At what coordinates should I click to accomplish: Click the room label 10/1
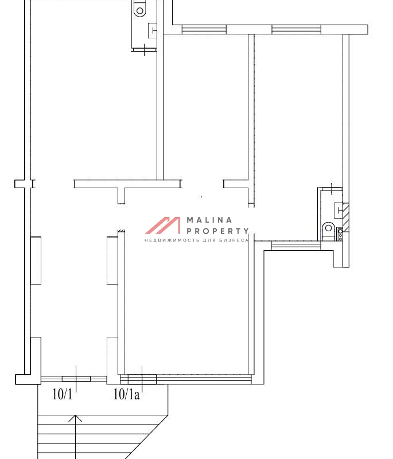click(63, 394)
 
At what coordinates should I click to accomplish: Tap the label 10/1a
click(126, 394)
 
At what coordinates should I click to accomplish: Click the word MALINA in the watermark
click(209, 220)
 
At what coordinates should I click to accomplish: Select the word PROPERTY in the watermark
click(217, 231)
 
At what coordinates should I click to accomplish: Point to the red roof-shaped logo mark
click(163, 225)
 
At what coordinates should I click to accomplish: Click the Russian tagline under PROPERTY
click(197, 240)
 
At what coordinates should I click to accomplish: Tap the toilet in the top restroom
click(140, 9)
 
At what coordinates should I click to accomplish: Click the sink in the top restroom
click(153, 30)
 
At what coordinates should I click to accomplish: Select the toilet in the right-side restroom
click(328, 228)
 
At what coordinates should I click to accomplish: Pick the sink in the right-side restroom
click(338, 209)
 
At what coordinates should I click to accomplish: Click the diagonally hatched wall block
click(346, 217)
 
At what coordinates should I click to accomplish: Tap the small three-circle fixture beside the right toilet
click(340, 235)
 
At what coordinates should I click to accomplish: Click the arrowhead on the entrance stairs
click(76, 418)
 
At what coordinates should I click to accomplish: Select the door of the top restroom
click(144, 50)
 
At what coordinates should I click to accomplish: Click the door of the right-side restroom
click(331, 189)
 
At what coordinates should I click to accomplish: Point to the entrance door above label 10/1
click(76, 379)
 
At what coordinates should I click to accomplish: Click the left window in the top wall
click(204, 29)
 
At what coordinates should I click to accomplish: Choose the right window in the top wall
click(296, 29)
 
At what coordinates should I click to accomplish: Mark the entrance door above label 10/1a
click(142, 379)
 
